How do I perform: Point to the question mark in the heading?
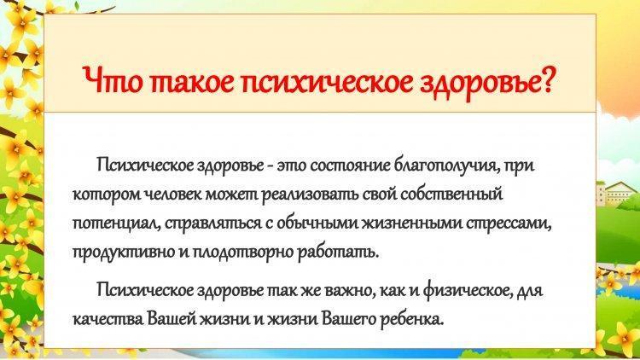545,79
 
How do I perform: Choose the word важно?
348,291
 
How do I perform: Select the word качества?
108,320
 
